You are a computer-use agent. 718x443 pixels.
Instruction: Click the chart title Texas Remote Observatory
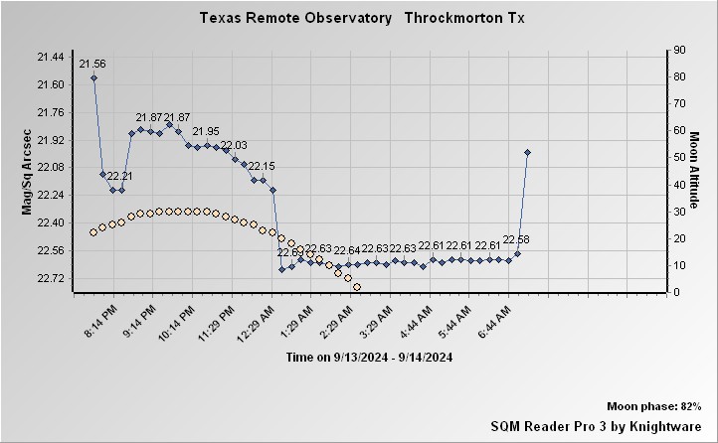pos(294,18)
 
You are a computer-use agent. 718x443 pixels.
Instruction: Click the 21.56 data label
pos(92,64)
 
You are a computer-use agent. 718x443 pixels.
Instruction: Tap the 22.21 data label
pos(120,176)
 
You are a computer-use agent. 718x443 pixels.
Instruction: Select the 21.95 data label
pos(206,131)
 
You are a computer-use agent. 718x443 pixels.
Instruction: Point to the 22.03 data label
pos(234,145)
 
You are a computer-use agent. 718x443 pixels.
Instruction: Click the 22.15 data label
pos(262,166)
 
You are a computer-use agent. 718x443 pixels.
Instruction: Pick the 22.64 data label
pos(346,250)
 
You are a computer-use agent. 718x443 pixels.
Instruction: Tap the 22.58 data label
pos(516,239)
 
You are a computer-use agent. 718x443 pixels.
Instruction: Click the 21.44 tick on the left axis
pos(50,57)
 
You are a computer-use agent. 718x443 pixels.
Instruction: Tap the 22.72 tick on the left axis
pos(50,278)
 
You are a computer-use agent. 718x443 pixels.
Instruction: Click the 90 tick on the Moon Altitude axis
pos(680,49)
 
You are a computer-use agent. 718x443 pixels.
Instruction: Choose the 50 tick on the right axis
pos(680,157)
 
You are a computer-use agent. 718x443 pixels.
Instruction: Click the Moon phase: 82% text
pos(655,407)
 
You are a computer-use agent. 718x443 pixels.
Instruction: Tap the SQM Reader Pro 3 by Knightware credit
pos(597,425)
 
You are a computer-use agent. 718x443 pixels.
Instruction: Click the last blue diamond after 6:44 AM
pos(527,152)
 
